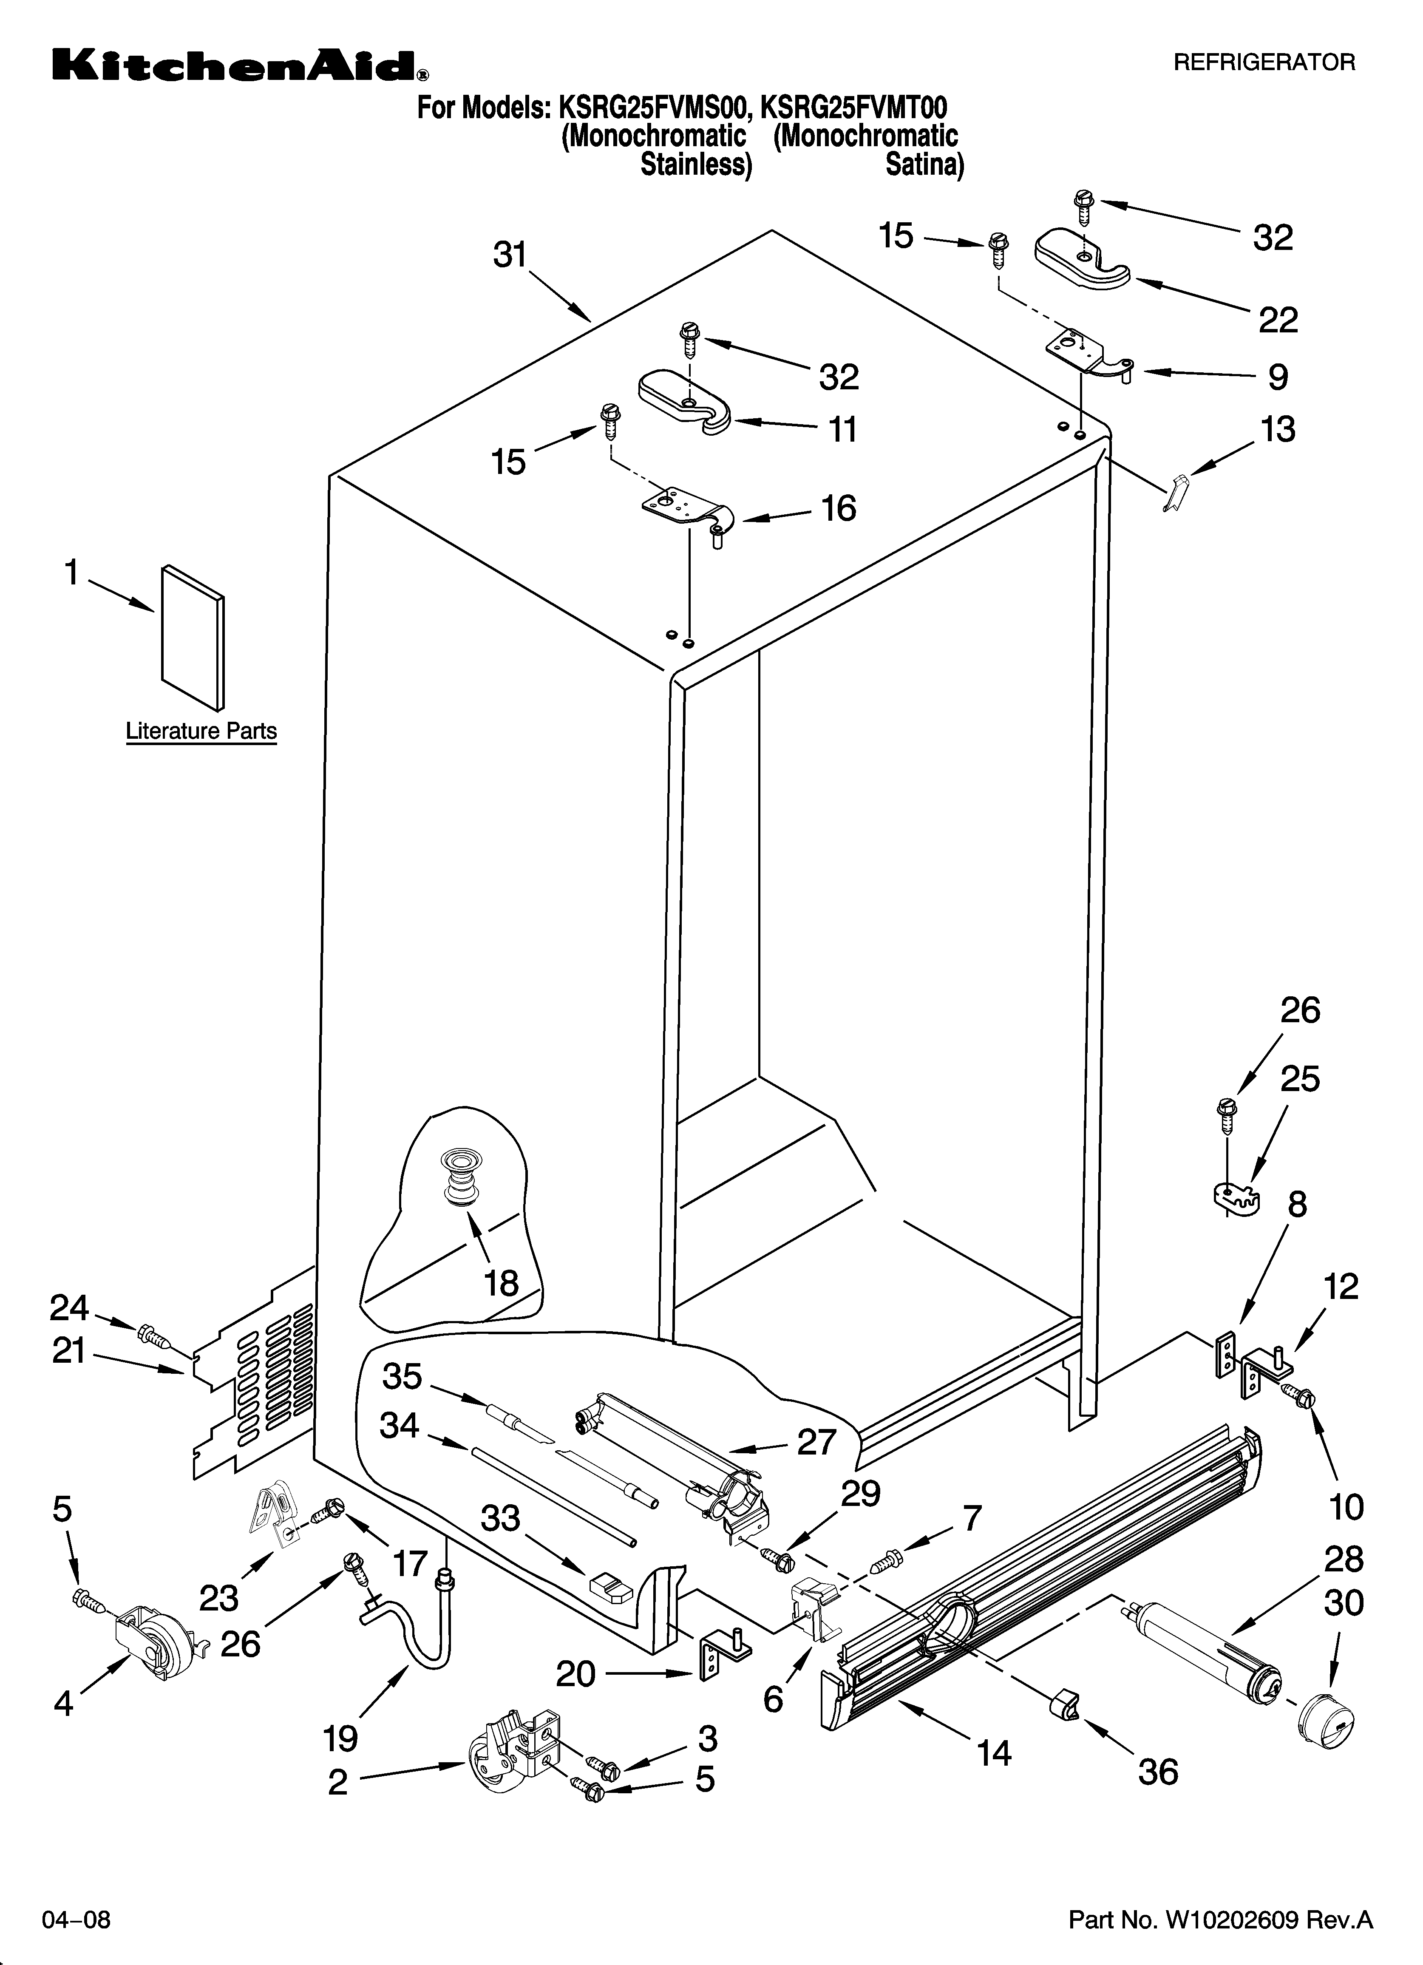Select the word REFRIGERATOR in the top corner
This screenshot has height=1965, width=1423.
(x=1264, y=62)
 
